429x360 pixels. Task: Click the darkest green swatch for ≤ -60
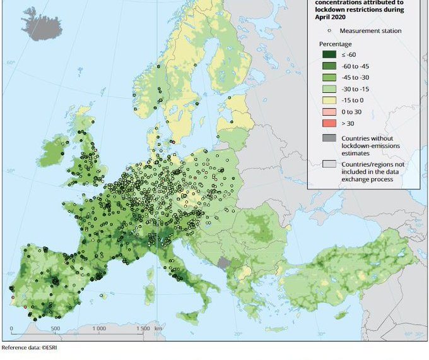327,56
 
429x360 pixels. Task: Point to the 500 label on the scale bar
55,329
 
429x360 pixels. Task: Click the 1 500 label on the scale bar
144,329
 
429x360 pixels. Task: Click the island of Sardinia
150,293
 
